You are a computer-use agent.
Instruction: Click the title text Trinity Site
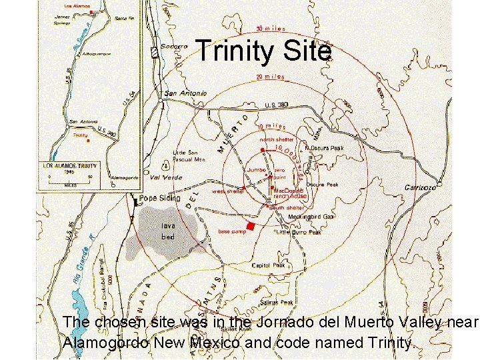click(263, 51)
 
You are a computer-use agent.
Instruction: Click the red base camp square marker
click(251, 227)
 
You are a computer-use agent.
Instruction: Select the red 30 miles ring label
click(271, 29)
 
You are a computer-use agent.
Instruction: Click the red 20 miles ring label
click(270, 77)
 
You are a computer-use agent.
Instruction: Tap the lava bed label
click(167, 232)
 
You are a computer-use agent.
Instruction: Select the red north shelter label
click(276, 139)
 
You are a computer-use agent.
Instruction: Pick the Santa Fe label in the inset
click(124, 19)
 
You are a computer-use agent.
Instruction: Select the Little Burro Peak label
click(299, 233)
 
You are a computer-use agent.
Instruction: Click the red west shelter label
click(227, 191)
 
